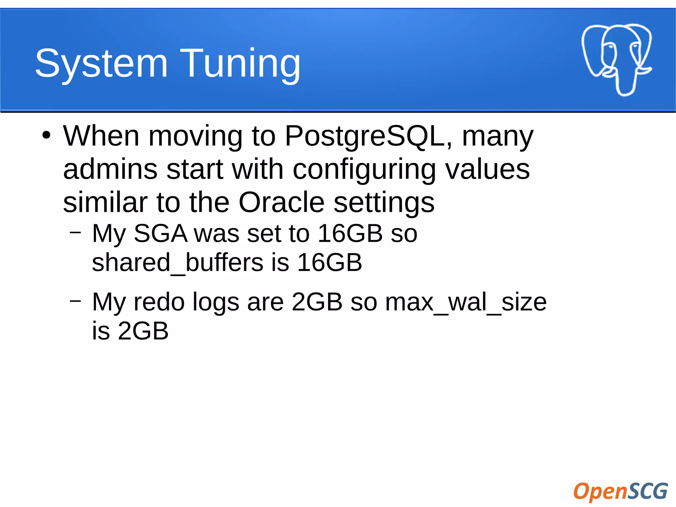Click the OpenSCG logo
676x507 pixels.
pyautogui.click(x=620, y=491)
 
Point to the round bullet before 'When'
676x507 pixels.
pyautogui.click(x=47, y=135)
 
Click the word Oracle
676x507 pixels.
pyautogui.click(x=281, y=202)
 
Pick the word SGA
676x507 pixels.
pyautogui.click(x=160, y=234)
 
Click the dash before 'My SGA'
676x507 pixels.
pyautogui.click(x=76, y=232)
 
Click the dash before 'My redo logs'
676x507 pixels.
pyautogui.click(x=76, y=301)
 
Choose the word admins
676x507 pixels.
pyautogui.click(x=110, y=169)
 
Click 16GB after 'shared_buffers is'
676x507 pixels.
pyautogui.click(x=329, y=263)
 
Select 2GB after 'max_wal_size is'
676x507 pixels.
pyautogui.click(x=143, y=331)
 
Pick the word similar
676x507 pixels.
pyautogui.click(x=105, y=202)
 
